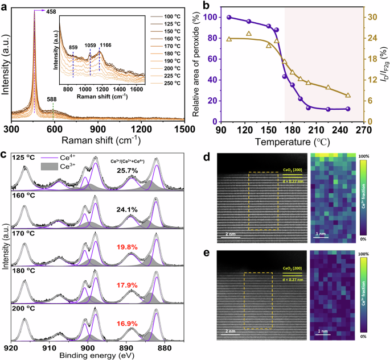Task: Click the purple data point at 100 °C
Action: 229,18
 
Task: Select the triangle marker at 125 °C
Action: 249,34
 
